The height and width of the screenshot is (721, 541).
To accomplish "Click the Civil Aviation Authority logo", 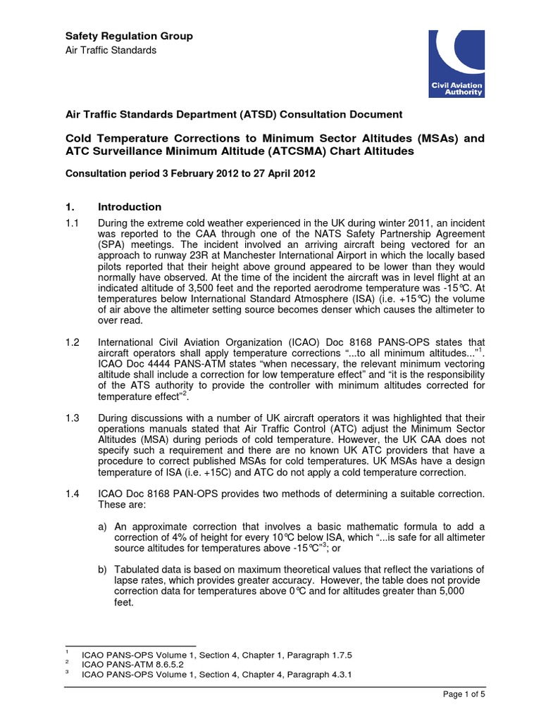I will point(457,63).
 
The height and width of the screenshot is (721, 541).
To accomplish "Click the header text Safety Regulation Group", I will point(129,36).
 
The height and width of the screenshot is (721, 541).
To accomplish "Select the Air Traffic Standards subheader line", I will point(111,50).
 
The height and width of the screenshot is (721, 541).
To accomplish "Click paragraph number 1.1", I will point(73,222).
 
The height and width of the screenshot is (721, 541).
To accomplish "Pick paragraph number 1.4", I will point(73,494).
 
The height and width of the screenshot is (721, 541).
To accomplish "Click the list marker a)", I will point(104,526).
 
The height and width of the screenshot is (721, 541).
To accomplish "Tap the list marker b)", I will point(104,570).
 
